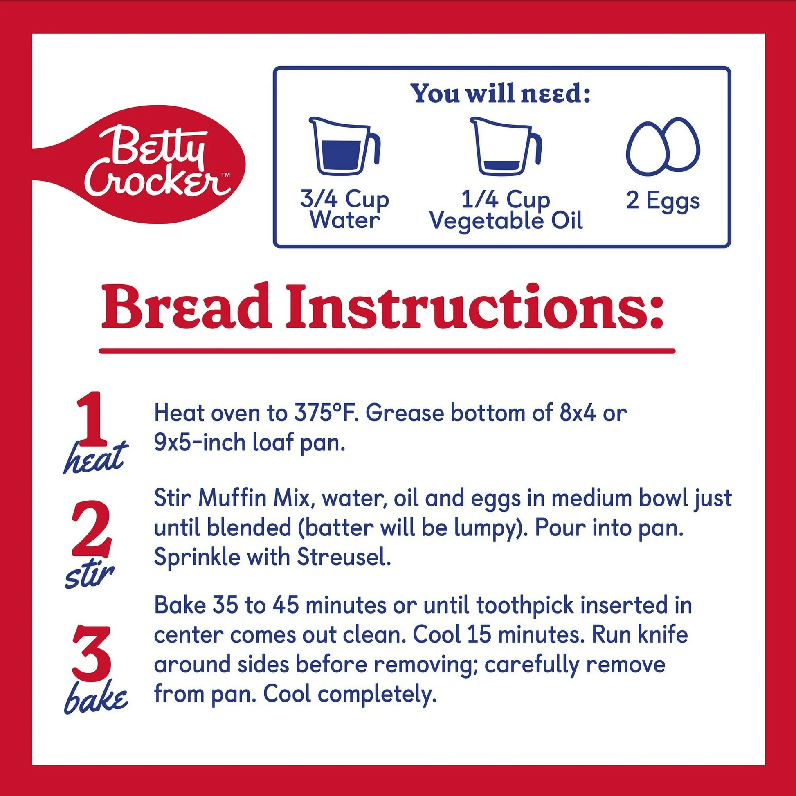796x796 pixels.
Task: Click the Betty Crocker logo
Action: (x=140, y=164)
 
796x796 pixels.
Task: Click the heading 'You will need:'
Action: (x=501, y=94)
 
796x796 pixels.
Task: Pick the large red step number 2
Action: (x=92, y=528)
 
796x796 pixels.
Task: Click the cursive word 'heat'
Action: (x=94, y=458)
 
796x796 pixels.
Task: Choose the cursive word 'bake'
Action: (x=96, y=698)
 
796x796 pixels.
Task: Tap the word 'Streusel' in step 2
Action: (x=344, y=558)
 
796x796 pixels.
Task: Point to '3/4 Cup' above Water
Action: (x=344, y=200)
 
